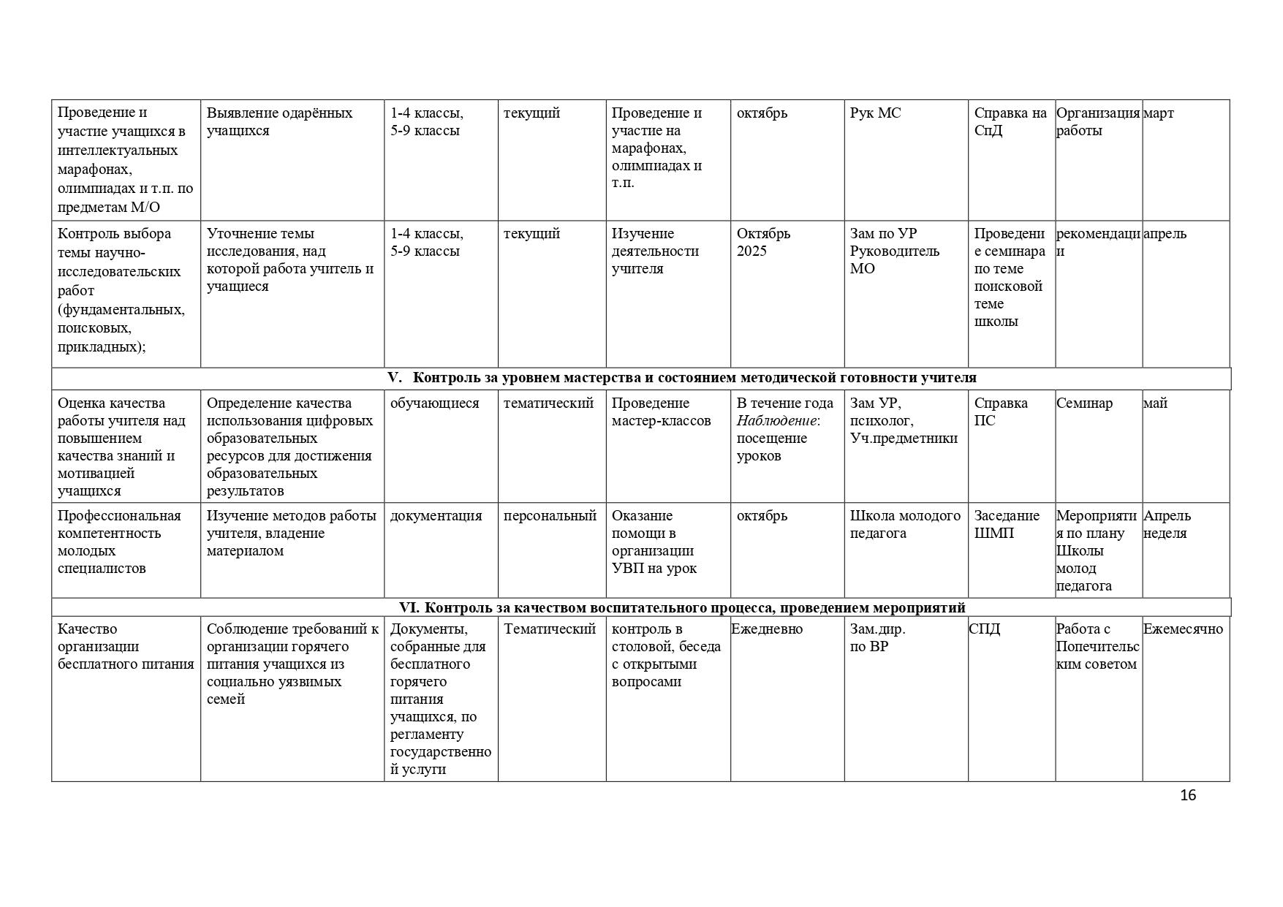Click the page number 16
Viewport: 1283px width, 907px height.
click(1188, 795)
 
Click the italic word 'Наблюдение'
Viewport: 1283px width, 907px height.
click(776, 421)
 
